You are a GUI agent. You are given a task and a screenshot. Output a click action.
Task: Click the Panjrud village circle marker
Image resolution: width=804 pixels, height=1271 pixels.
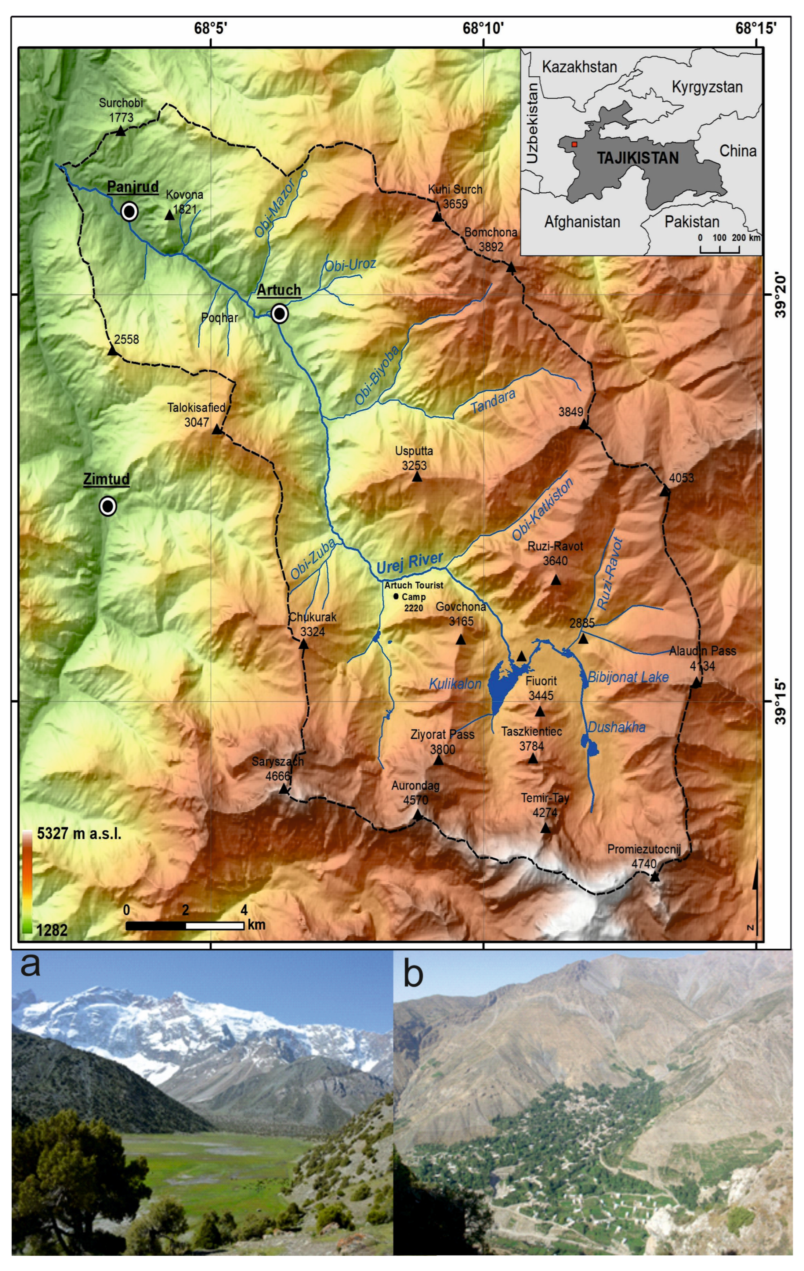pyautogui.click(x=129, y=212)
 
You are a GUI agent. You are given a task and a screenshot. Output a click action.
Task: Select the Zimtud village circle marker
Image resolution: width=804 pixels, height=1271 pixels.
pyautogui.click(x=108, y=506)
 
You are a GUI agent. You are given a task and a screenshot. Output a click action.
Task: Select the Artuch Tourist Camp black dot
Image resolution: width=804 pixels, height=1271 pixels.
pyautogui.click(x=396, y=596)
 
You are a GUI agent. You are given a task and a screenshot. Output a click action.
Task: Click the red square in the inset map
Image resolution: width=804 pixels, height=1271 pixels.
pyautogui.click(x=574, y=144)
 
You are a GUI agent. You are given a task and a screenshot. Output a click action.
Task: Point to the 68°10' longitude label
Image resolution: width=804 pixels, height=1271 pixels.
pyautogui.click(x=483, y=27)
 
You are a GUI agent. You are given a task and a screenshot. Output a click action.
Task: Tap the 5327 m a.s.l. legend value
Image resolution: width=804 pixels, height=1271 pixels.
pyautogui.click(x=79, y=834)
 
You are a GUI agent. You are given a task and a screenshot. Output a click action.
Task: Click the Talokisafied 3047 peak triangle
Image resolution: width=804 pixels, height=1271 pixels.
pyautogui.click(x=217, y=430)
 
